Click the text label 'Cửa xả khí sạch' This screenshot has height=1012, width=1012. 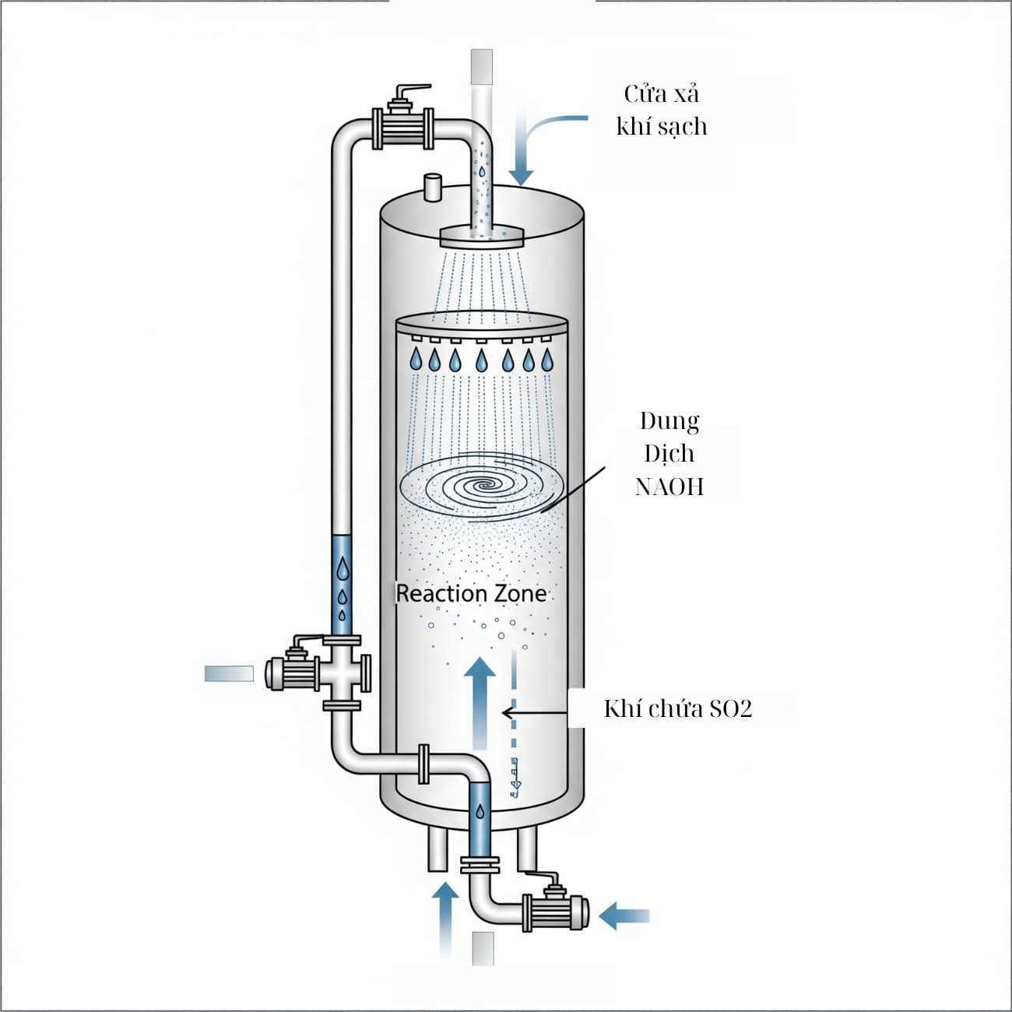click(661, 110)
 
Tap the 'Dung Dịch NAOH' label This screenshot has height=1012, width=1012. click(669, 454)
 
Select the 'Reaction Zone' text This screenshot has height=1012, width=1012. click(471, 594)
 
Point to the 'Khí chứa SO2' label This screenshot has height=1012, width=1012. click(678, 708)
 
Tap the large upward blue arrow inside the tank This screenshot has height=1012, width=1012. click(480, 701)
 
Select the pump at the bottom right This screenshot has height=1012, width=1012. click(556, 911)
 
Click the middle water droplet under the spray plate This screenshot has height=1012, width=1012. click(482, 359)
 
